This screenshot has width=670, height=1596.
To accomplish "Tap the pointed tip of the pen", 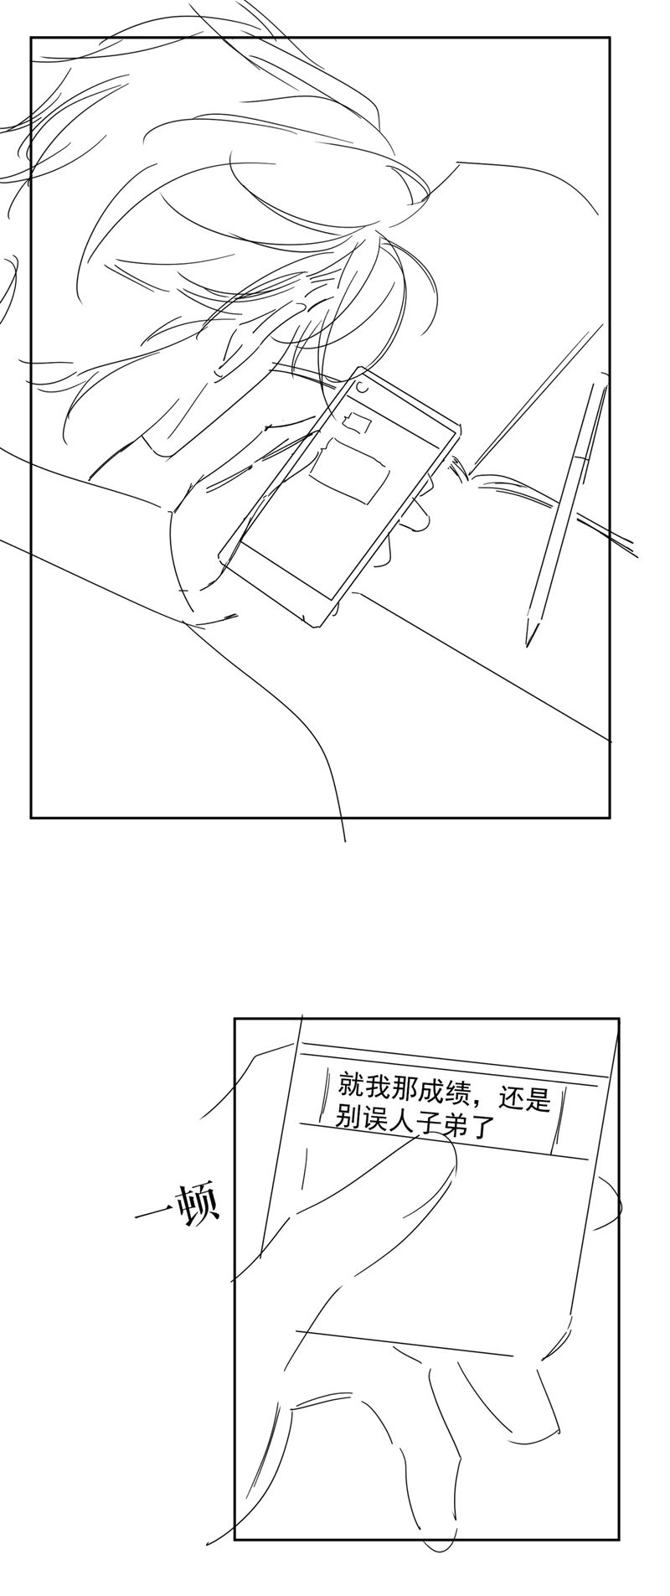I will point(529,640).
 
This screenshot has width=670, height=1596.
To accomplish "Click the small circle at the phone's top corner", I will point(360,388).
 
